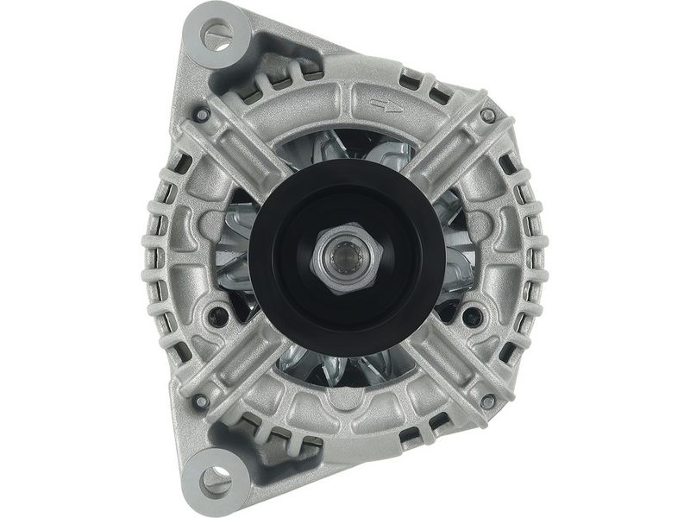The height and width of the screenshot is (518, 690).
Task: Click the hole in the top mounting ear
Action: click(216, 34)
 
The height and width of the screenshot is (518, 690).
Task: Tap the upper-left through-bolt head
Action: click(201, 114)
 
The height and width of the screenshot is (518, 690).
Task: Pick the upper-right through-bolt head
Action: click(488, 114)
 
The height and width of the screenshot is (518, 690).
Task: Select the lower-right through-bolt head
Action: click(488, 401)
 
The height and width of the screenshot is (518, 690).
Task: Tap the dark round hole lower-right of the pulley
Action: click(473, 312)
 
